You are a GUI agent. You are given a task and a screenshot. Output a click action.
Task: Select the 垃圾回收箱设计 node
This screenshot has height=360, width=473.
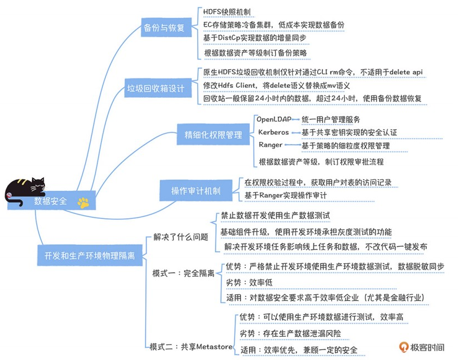click(155, 88)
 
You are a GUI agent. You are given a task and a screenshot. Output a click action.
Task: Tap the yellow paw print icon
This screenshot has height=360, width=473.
click(83, 203)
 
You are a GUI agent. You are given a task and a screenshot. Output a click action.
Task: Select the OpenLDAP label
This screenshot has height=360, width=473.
click(274, 119)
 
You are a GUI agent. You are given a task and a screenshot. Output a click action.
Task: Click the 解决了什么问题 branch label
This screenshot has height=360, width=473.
click(181, 237)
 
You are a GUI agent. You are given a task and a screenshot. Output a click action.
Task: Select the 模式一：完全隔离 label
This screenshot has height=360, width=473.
click(183, 273)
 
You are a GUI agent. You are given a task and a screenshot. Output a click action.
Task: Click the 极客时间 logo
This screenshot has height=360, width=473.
click(422, 347)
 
